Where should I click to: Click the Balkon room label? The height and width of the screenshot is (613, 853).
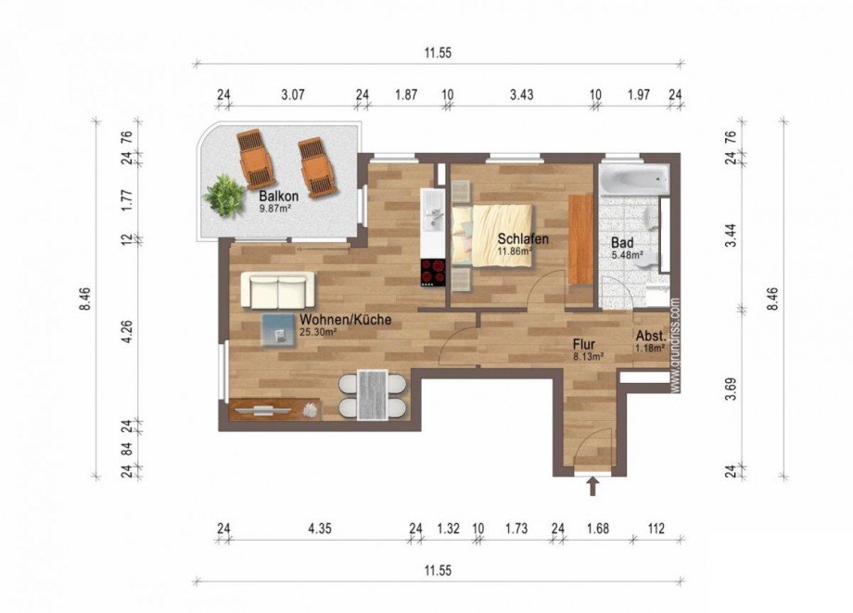pyautogui.click(x=278, y=196)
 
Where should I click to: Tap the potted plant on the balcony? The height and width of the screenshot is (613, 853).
pyautogui.click(x=224, y=196)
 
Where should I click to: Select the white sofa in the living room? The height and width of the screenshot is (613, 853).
pyautogui.click(x=278, y=290)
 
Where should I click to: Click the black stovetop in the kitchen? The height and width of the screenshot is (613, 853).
pyautogui.click(x=433, y=273)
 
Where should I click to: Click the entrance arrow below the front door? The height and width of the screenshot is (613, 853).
pyautogui.click(x=592, y=486)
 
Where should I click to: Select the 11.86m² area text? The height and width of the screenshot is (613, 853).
pyautogui.click(x=514, y=250)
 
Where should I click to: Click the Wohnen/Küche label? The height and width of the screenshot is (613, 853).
pyautogui.click(x=346, y=320)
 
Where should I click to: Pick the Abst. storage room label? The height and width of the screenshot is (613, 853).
pyautogui.click(x=651, y=335)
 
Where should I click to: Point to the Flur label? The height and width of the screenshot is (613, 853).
pyautogui.click(x=584, y=344)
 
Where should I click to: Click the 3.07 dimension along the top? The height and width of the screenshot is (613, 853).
pyautogui.click(x=292, y=95)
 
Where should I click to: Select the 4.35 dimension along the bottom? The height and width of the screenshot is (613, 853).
pyautogui.click(x=319, y=529)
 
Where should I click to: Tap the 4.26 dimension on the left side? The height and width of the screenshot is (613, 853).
pyautogui.click(x=127, y=331)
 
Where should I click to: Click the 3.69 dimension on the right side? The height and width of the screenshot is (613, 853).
pyautogui.click(x=732, y=389)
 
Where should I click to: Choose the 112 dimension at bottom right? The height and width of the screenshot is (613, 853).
pyautogui.click(x=656, y=529)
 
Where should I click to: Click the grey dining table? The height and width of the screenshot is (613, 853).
pyautogui.click(x=373, y=395)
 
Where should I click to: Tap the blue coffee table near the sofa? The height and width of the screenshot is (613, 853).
pyautogui.click(x=278, y=329)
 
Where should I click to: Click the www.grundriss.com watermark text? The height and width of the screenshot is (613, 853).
pyautogui.click(x=675, y=344)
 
